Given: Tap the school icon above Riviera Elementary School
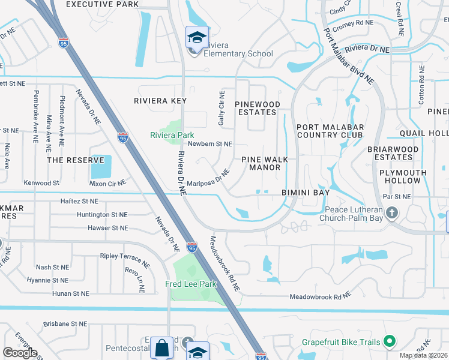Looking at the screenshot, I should point(197,38).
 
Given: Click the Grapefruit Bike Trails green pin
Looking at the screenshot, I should point(389,342).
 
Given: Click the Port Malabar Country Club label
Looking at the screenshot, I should point(330,131).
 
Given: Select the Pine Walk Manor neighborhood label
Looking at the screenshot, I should point(265,163).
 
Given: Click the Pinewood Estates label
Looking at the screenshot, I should point(258,108).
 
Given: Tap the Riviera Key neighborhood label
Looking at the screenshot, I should point(160,101).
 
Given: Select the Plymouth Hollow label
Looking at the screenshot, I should point(403,176).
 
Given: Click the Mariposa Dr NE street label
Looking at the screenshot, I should point(208,177).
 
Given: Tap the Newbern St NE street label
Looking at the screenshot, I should point(209,144).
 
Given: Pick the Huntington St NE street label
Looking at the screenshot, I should point(102,214).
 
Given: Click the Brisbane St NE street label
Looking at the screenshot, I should point(65,324).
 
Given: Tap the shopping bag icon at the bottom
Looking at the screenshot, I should point(161,349).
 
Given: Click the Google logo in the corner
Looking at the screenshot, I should point(20,353).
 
